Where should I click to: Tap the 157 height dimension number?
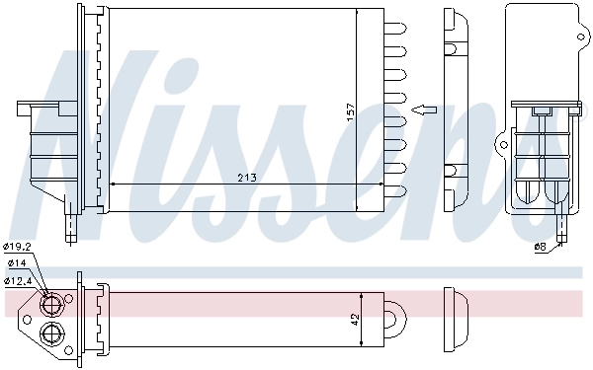point(349,112)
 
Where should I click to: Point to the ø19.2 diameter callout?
point(19,246)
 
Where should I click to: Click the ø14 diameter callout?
point(17,263)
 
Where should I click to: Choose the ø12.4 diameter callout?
point(20,279)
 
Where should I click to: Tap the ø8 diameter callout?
point(540,246)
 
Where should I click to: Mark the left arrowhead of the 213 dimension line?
point(112,184)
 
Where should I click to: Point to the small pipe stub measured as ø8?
point(560,232)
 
